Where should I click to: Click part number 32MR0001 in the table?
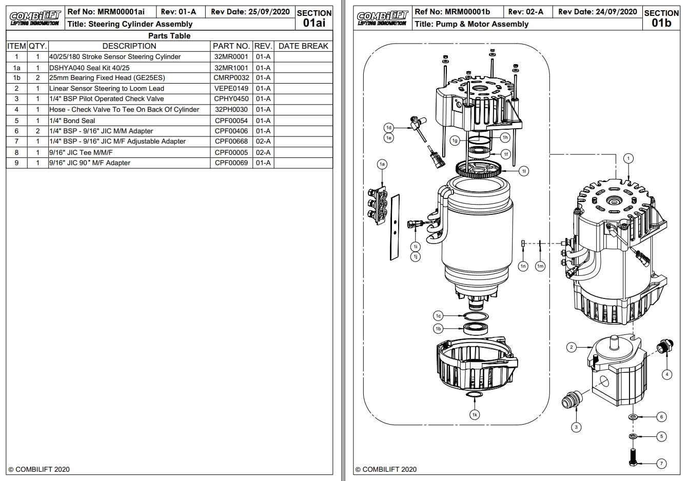point(231,57)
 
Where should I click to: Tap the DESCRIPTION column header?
point(129,46)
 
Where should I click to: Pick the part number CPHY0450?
point(231,99)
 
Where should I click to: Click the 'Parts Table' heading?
point(169,36)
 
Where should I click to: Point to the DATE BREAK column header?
point(303,46)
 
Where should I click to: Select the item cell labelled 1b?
point(16,78)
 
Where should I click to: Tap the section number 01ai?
point(314,23)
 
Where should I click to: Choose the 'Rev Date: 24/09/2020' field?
point(597,12)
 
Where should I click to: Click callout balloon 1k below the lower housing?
point(475,414)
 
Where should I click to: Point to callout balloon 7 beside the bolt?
point(661,464)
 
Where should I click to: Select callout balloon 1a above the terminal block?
point(382,164)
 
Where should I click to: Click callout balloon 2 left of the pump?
point(572,347)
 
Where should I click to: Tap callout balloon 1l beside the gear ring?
point(523,171)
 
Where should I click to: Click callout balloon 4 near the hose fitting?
point(667,374)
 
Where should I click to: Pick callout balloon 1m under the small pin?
point(540,266)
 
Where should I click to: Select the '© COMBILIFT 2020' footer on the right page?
point(386,469)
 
